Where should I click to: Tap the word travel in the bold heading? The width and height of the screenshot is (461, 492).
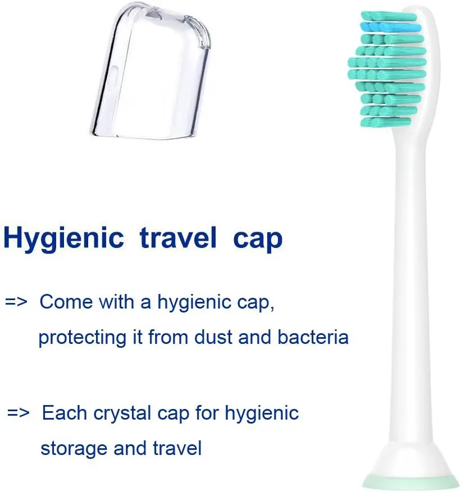pyautogui.click(x=178, y=237)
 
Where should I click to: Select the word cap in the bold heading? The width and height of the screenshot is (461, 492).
pyautogui.click(x=258, y=241)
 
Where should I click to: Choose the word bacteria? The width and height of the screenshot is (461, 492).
pyautogui.click(x=313, y=337)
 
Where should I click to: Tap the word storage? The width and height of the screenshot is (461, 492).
pyautogui.click(x=74, y=449)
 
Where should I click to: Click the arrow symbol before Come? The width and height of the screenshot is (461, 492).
pyautogui.click(x=16, y=302)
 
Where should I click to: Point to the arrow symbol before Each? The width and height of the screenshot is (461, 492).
pyautogui.click(x=19, y=412)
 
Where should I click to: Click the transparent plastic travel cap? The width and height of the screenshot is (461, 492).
pyautogui.click(x=150, y=71)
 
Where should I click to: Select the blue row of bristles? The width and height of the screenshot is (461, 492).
pyautogui.click(x=391, y=27)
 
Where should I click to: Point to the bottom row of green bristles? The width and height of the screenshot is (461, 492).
pyautogui.click(x=386, y=122)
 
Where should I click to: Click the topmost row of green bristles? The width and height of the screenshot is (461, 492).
pyautogui.click(x=389, y=16)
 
